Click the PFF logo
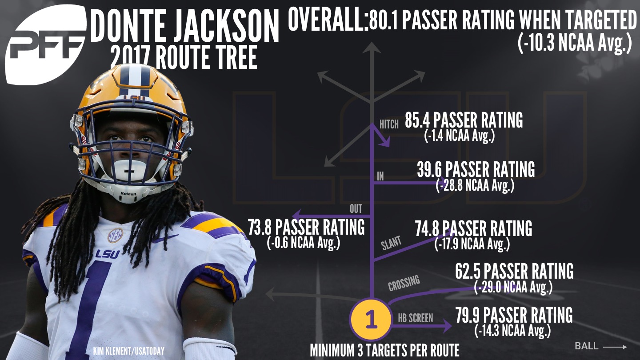44,47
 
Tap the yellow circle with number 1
371,320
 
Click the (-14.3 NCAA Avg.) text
512,330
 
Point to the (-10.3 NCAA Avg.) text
574,44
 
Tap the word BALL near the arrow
586,346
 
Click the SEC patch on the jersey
115,235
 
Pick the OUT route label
356,208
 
